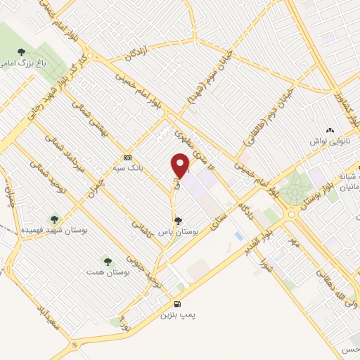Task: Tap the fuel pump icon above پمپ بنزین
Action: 176,304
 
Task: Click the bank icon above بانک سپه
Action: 127,157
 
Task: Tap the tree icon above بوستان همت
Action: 107,261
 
